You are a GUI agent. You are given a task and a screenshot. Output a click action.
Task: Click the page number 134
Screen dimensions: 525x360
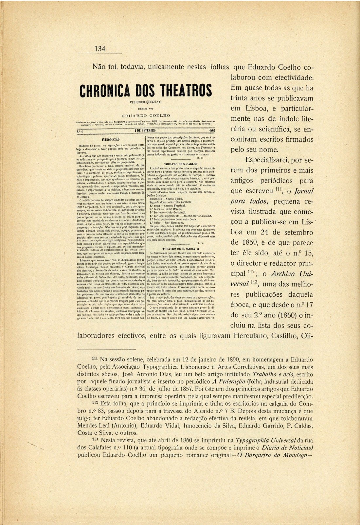pyautogui.click(x=100, y=49)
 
